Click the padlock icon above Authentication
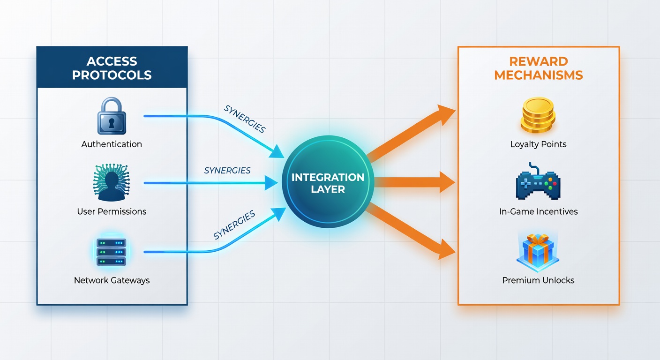(112, 116)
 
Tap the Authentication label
(112, 144)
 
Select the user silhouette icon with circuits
(112, 182)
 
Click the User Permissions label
(112, 211)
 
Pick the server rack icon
(112, 252)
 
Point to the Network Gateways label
(112, 280)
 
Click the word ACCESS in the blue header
(112, 61)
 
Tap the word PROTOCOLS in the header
(112, 75)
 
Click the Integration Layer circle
(328, 181)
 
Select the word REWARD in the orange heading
(539, 61)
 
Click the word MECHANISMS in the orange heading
(539, 75)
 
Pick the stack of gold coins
(538, 115)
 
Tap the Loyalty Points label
(538, 144)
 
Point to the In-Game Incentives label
(538, 211)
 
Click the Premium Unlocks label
(538, 280)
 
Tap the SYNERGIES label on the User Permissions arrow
(227, 170)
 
